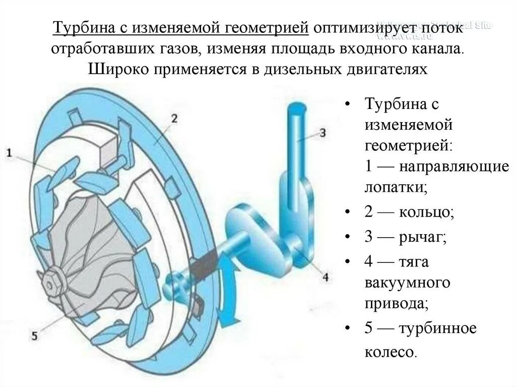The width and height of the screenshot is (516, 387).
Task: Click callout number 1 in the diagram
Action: pyautogui.click(x=10, y=152)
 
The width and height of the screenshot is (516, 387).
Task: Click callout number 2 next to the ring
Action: pyautogui.click(x=174, y=119)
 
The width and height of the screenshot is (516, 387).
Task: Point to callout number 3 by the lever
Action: pyautogui.click(x=323, y=133)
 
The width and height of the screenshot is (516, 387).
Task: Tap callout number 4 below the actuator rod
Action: pyautogui.click(x=325, y=276)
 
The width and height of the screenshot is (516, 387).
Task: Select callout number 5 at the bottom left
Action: pyautogui.click(x=34, y=335)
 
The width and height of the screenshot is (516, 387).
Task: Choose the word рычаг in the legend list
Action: pyautogui.click(x=424, y=237)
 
